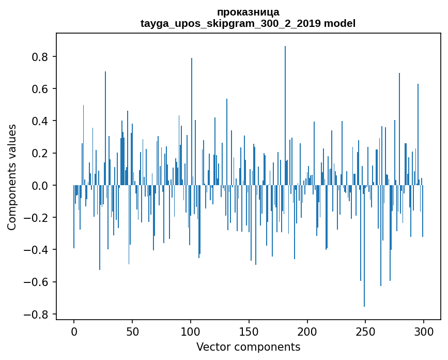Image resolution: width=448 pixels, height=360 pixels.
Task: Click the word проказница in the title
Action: click(248, 12)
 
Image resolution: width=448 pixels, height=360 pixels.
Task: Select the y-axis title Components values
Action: click(12, 177)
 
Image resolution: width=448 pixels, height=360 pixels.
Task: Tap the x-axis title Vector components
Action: click(248, 347)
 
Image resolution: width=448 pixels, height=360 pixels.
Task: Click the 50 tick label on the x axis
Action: click(132, 331)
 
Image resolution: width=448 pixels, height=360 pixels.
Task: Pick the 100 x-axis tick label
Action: click(191, 331)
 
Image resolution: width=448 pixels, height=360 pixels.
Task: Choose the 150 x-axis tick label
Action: click(249, 331)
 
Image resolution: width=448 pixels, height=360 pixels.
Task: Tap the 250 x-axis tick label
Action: click(365, 331)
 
